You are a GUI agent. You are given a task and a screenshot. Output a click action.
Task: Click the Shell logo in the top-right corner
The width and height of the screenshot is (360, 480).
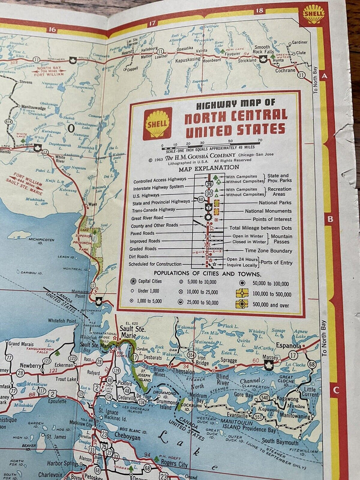314,14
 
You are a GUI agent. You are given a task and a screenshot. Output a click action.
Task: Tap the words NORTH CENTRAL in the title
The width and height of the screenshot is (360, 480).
235,116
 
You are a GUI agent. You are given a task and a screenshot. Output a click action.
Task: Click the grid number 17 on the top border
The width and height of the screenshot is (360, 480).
152,22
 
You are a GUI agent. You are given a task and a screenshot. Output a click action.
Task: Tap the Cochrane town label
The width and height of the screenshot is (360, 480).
286,71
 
